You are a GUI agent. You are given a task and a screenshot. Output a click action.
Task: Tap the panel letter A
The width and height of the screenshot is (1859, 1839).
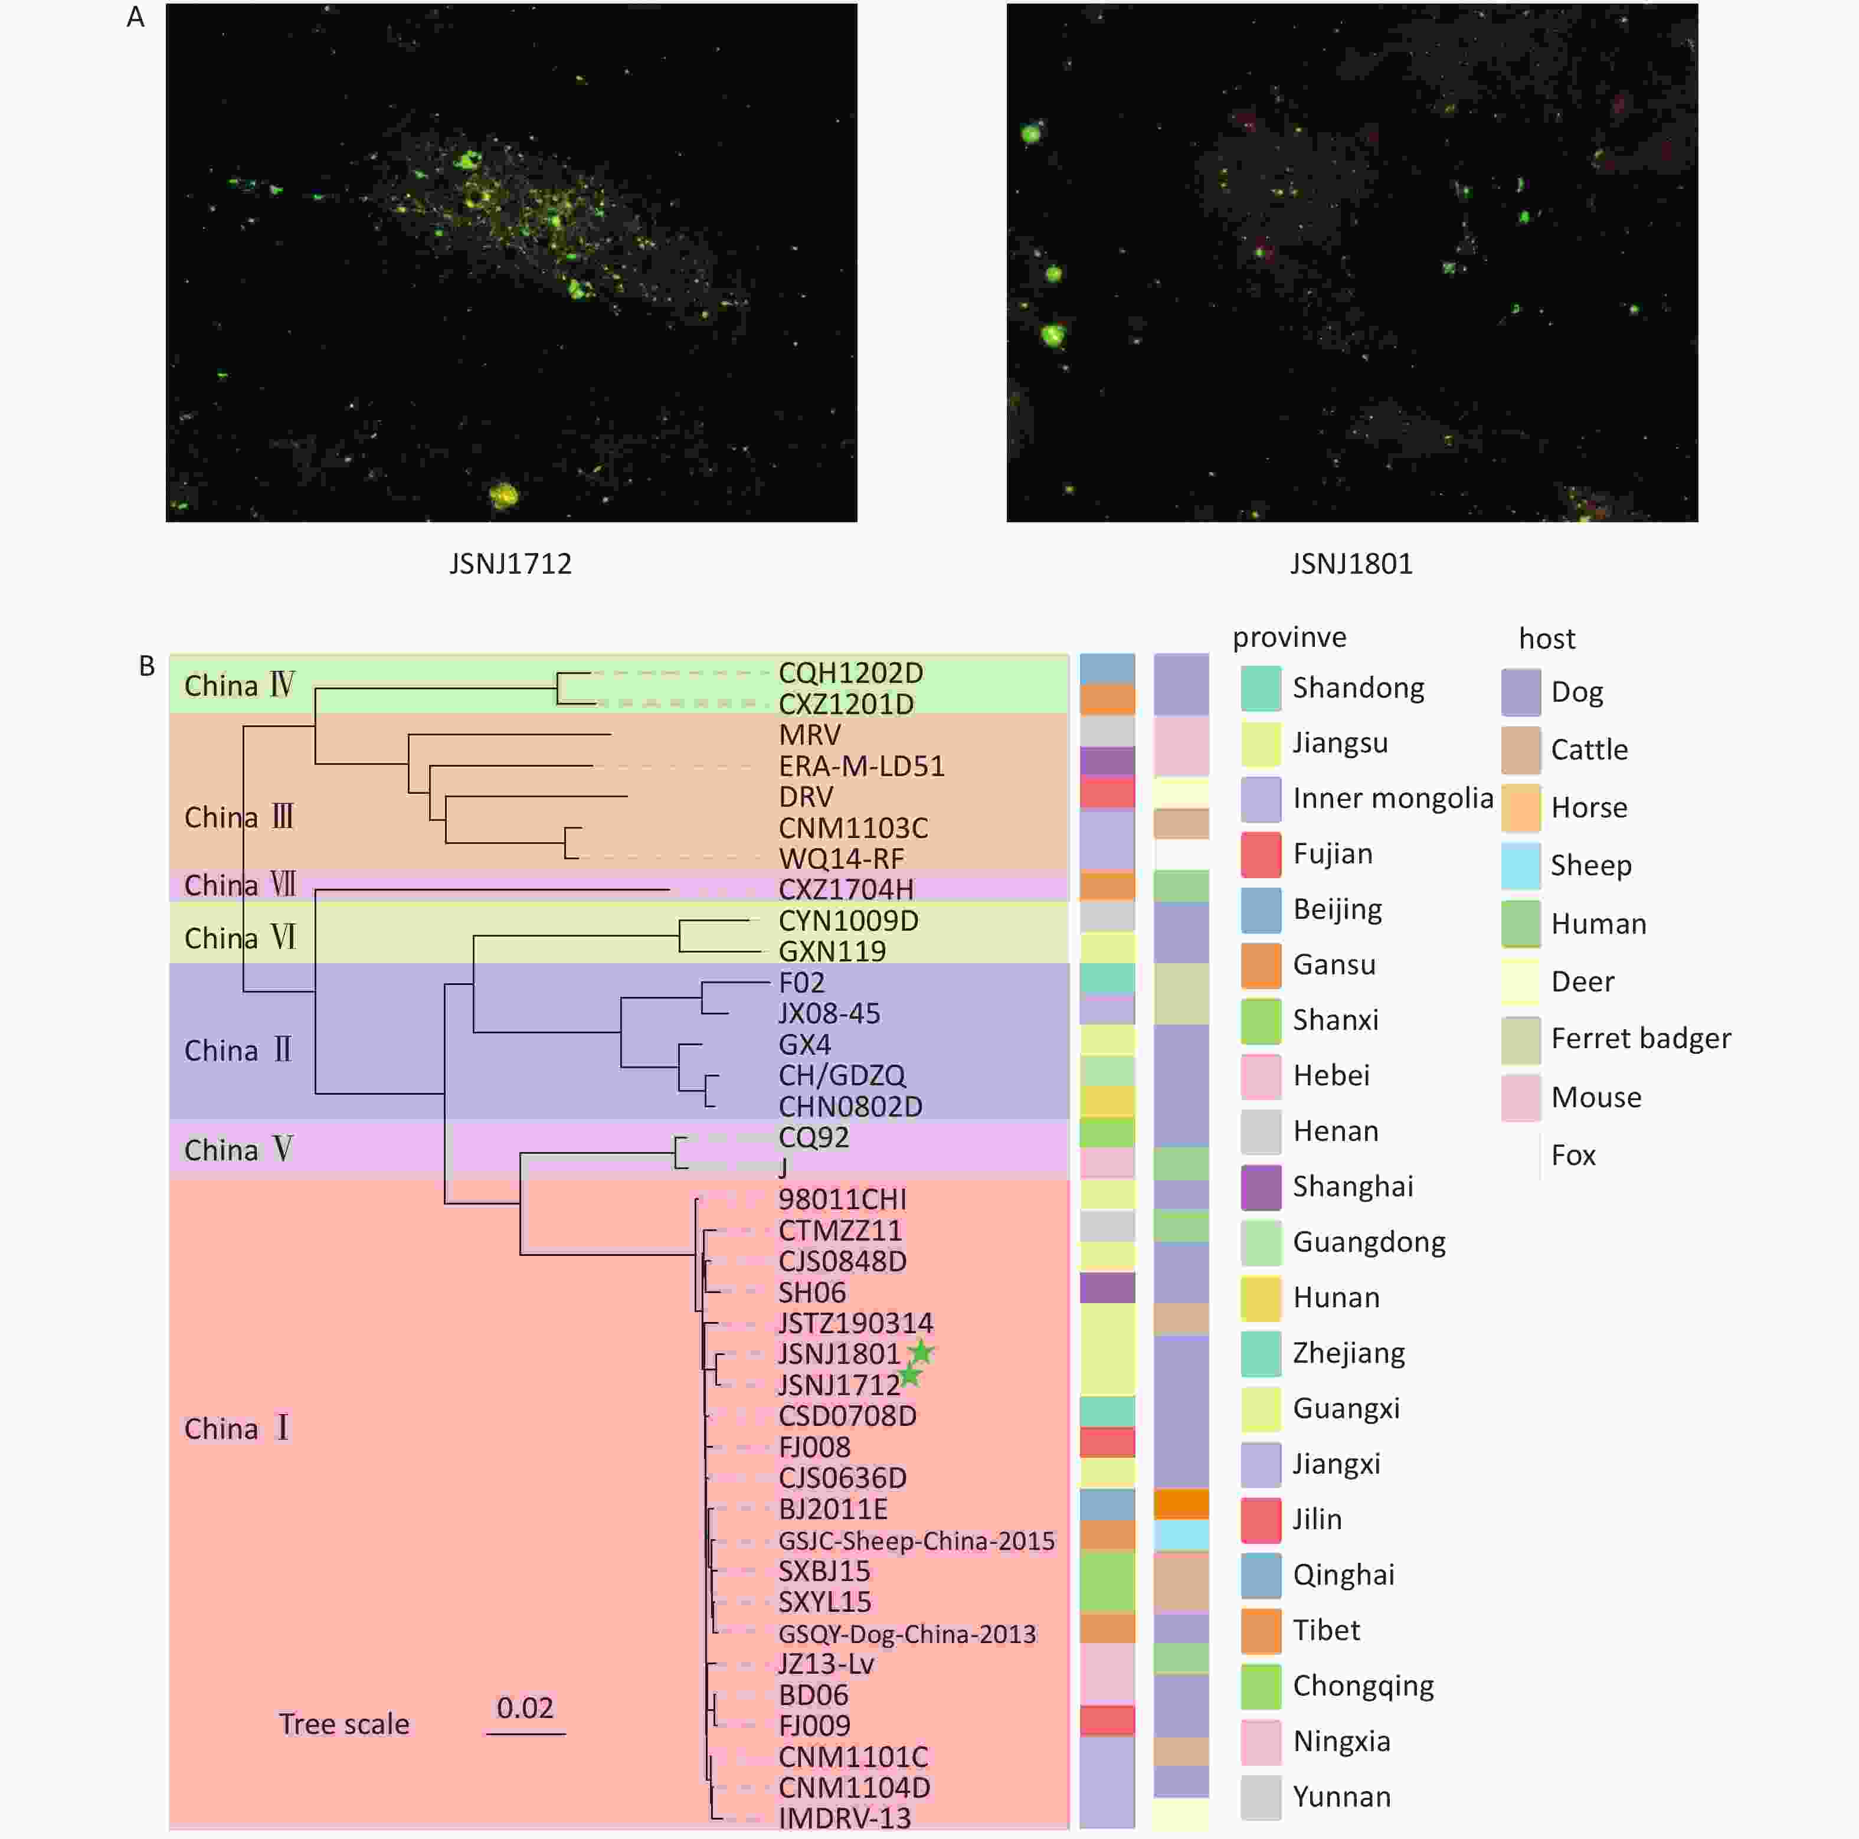tap(136, 17)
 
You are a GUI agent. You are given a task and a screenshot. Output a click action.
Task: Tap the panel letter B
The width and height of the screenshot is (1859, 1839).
tap(147, 666)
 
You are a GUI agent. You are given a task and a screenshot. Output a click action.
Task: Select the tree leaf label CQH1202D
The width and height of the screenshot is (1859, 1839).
tap(850, 673)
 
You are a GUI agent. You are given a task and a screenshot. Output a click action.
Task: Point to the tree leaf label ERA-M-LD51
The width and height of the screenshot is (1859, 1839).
tap(861, 766)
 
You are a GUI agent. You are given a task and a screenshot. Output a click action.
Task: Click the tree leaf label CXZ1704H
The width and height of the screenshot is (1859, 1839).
tap(846, 889)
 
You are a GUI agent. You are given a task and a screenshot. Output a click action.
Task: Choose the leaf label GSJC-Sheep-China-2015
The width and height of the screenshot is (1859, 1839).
tap(916, 1541)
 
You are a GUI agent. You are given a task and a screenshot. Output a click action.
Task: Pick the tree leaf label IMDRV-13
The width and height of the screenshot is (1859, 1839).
tap(844, 1818)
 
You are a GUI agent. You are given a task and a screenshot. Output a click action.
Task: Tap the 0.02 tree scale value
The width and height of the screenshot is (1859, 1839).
tap(525, 1708)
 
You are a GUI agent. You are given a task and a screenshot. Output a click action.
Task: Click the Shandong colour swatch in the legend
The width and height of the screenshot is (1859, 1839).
tap(1261, 688)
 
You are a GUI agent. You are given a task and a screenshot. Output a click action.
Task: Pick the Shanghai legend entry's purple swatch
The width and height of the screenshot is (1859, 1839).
tap(1261, 1186)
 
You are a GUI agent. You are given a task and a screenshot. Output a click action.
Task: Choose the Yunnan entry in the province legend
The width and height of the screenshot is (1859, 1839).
tap(1341, 1797)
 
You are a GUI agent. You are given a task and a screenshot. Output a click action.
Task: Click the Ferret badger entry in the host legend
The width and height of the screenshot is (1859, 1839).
tap(1641, 1038)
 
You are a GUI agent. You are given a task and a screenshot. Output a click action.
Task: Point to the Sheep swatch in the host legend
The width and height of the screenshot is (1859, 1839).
tap(1520, 865)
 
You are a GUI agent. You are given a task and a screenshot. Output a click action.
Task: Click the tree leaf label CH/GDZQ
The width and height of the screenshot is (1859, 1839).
tap(842, 1075)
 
